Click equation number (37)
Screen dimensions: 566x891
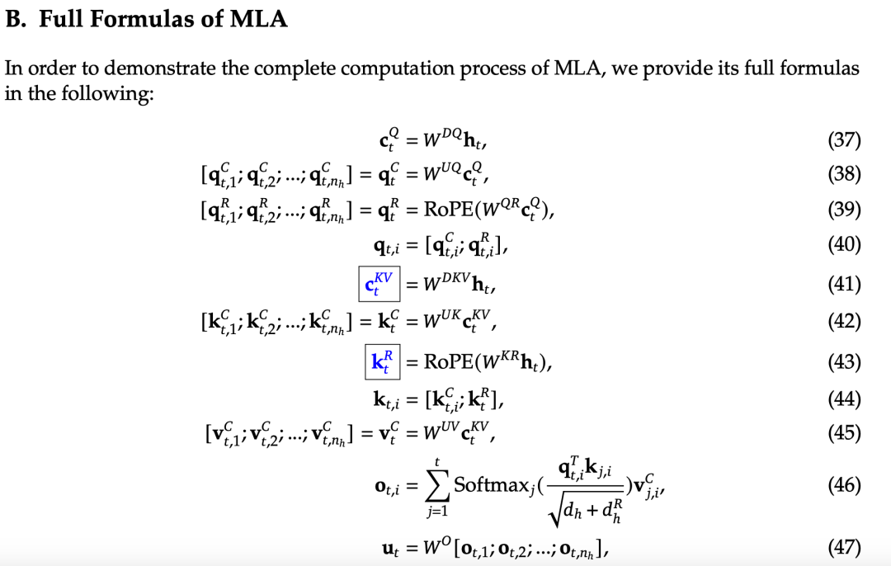click(x=843, y=140)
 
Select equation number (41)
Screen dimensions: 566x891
click(x=843, y=285)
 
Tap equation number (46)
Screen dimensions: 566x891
click(x=843, y=484)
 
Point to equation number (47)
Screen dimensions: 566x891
click(x=843, y=547)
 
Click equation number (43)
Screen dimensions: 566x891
click(x=843, y=361)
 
